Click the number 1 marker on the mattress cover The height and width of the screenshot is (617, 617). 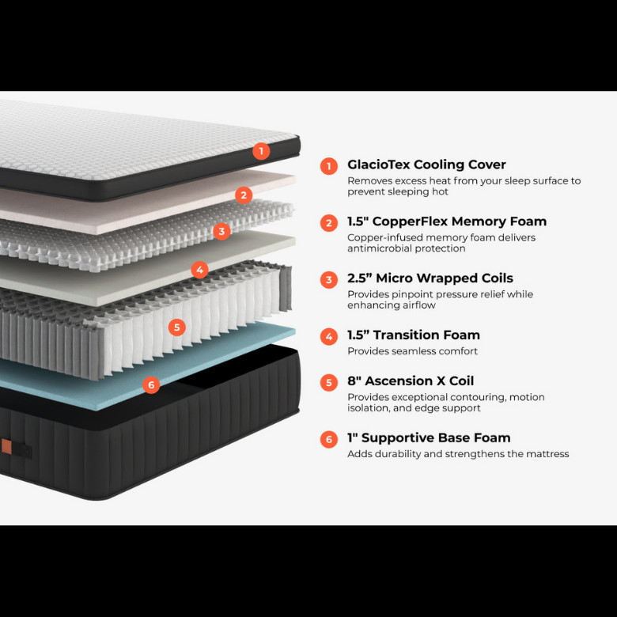[x=261, y=151]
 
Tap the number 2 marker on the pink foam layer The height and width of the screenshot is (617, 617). [x=244, y=195]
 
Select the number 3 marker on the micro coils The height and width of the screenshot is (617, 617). [x=221, y=231]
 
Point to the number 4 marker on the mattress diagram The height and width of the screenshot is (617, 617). [x=199, y=270]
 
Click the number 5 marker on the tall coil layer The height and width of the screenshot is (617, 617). [x=176, y=327]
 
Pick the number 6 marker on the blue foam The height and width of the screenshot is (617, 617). [x=151, y=385]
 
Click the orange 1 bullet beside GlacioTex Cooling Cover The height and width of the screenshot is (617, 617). [x=329, y=166]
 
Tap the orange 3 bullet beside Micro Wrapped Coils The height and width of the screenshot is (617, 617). [x=329, y=280]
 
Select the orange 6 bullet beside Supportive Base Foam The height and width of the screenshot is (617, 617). [x=329, y=439]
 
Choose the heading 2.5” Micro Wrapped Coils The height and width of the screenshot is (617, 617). [x=430, y=278]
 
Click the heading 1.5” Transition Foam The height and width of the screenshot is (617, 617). [x=414, y=335]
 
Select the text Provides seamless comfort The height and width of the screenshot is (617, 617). [x=412, y=351]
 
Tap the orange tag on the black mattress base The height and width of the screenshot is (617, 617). [x=6, y=446]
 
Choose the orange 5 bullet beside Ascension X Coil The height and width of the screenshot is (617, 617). [x=329, y=383]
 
